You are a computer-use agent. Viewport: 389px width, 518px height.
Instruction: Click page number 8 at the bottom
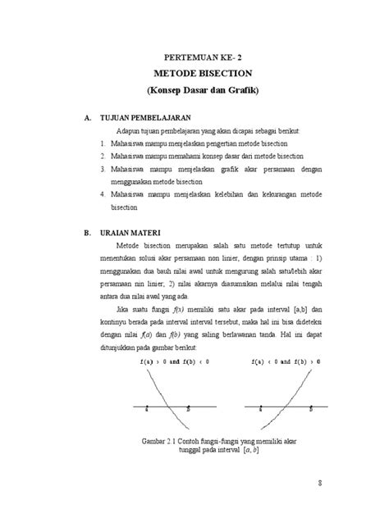[320, 484]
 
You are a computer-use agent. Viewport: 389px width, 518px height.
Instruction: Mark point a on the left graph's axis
[145, 407]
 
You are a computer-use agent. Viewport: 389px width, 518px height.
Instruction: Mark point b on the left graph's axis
[188, 407]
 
